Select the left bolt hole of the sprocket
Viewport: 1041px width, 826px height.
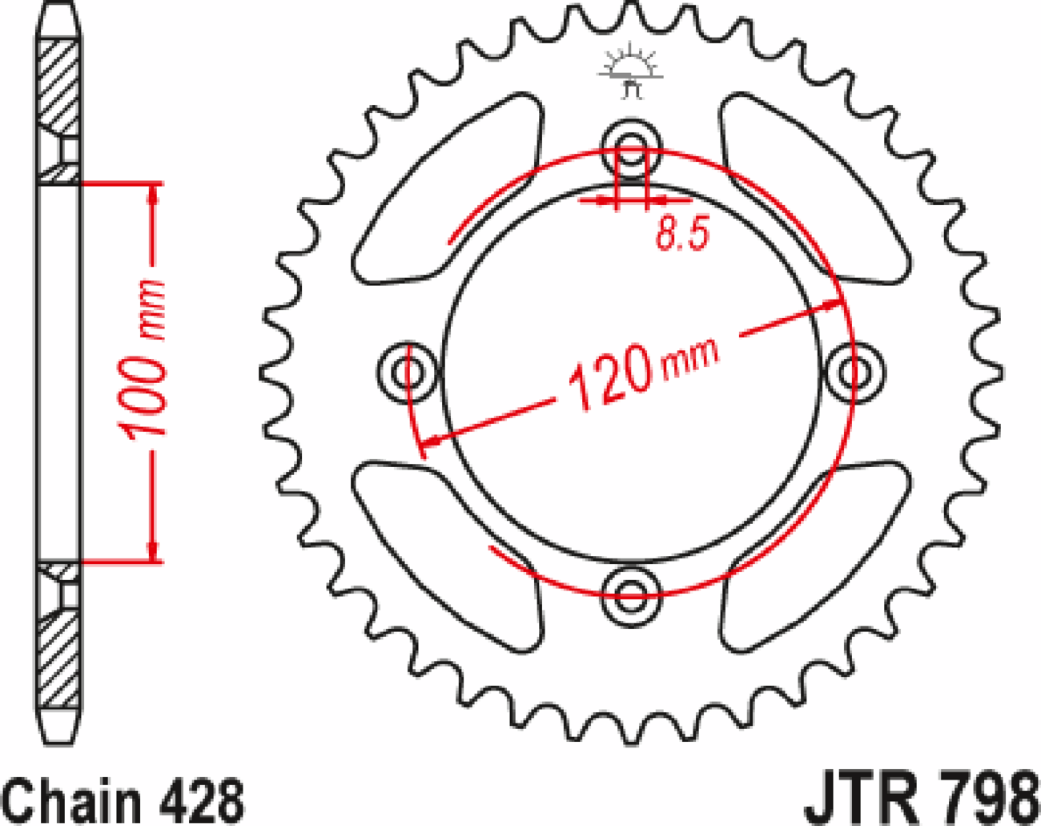[408, 371]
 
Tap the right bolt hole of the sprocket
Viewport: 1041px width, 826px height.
[854, 371]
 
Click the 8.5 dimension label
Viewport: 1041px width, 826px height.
[682, 235]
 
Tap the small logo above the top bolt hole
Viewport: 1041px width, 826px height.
[632, 72]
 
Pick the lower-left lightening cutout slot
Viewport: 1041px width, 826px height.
[448, 553]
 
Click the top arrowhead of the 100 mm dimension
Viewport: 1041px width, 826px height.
[153, 192]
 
